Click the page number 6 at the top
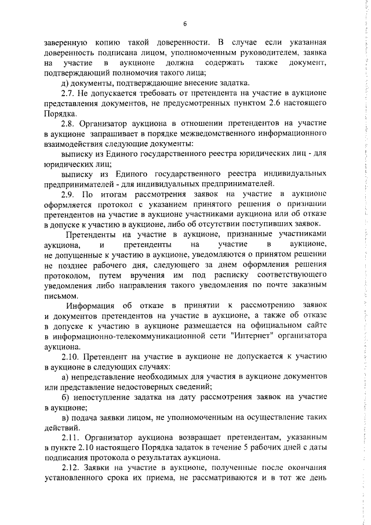pos(185,24)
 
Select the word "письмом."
pos(61,295)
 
